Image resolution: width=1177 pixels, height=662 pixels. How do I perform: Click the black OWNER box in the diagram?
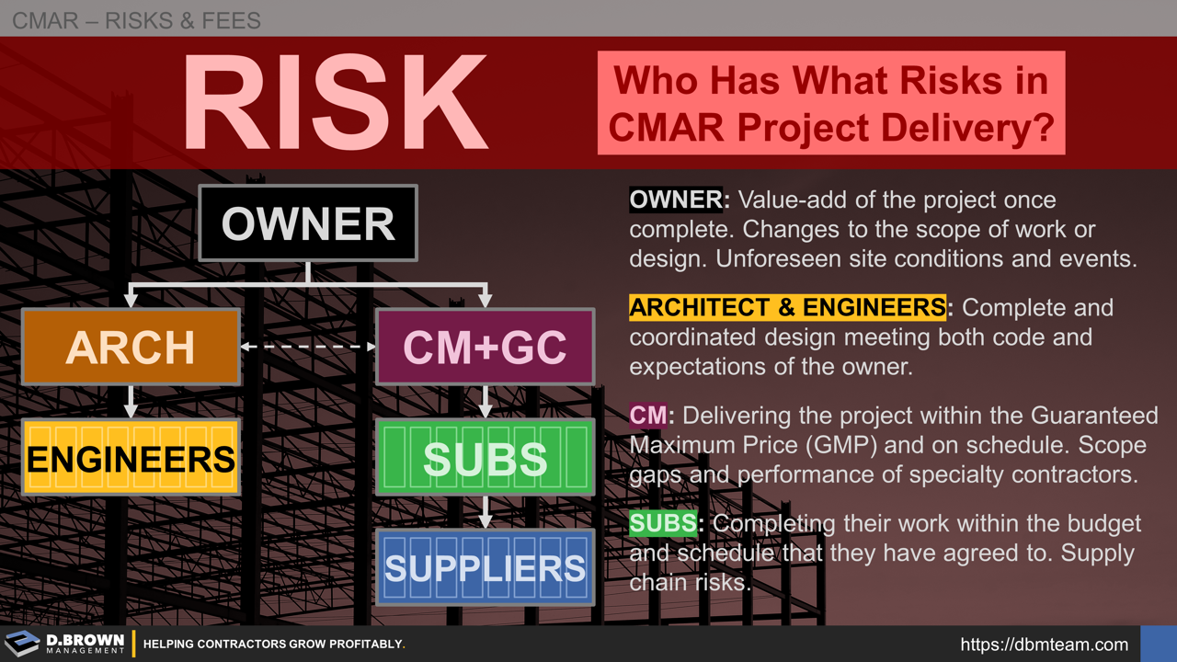(307, 223)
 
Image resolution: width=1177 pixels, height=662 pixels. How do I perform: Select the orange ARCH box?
(131, 347)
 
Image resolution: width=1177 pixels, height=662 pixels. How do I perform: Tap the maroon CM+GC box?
(485, 347)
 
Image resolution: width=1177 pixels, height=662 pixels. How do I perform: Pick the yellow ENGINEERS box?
(131, 457)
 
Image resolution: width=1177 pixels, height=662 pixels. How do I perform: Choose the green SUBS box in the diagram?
(485, 457)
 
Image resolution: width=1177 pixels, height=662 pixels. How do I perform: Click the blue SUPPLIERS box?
(485, 567)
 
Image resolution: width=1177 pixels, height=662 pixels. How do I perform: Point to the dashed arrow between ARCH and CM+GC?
(308, 348)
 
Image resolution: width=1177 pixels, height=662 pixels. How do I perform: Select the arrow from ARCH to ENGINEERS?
(131, 401)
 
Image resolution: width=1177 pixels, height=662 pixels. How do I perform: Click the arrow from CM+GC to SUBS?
(486, 401)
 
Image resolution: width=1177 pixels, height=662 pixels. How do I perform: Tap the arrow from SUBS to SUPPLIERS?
(486, 512)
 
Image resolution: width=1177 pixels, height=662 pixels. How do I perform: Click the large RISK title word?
(335, 103)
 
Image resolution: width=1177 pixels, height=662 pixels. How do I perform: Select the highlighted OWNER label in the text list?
(677, 200)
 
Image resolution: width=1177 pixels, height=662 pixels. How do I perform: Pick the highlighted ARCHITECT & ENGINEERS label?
(787, 307)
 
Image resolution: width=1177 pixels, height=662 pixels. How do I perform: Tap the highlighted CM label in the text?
(648, 416)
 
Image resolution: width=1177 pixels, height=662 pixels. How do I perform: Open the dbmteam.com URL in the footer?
(1044, 645)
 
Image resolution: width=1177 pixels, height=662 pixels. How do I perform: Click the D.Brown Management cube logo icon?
(22, 644)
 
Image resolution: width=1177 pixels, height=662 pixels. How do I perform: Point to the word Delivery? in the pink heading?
(979, 127)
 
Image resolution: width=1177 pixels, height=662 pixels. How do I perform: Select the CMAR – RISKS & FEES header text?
(136, 19)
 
